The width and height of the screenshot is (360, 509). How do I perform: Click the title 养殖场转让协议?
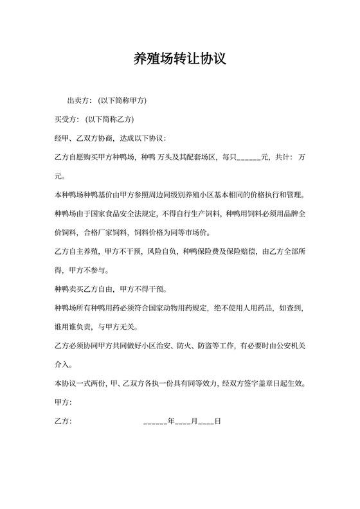click(179, 59)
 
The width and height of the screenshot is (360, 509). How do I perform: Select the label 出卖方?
click(78, 101)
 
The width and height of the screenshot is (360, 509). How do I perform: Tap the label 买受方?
click(66, 120)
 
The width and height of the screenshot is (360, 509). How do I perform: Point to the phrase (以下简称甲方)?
click(122, 101)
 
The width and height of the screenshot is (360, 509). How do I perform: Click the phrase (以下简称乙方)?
click(109, 120)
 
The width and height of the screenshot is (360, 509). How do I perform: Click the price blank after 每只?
click(249, 158)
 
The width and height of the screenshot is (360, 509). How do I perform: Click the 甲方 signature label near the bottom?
click(63, 404)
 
